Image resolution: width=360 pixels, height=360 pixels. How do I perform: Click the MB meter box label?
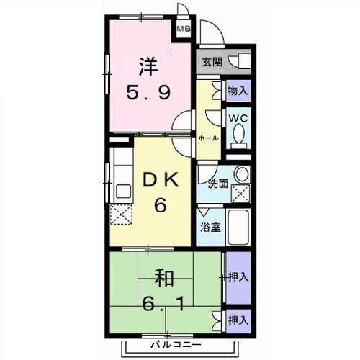coord(184,30)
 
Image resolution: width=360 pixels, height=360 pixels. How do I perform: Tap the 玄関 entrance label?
coord(212,61)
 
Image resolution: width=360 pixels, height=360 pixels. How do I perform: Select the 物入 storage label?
coord(237,91)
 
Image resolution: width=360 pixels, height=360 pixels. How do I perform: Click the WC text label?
coord(238,115)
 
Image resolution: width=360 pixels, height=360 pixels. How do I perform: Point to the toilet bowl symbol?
coord(238,134)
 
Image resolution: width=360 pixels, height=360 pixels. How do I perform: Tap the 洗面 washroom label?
coord(218,183)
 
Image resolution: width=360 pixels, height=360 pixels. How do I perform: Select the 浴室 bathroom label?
coord(211,225)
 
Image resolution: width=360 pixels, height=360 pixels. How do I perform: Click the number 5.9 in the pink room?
coord(150,91)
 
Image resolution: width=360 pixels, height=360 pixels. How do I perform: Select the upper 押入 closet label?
coord(238,276)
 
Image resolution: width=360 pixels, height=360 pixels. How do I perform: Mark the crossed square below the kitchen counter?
coord(120,215)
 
